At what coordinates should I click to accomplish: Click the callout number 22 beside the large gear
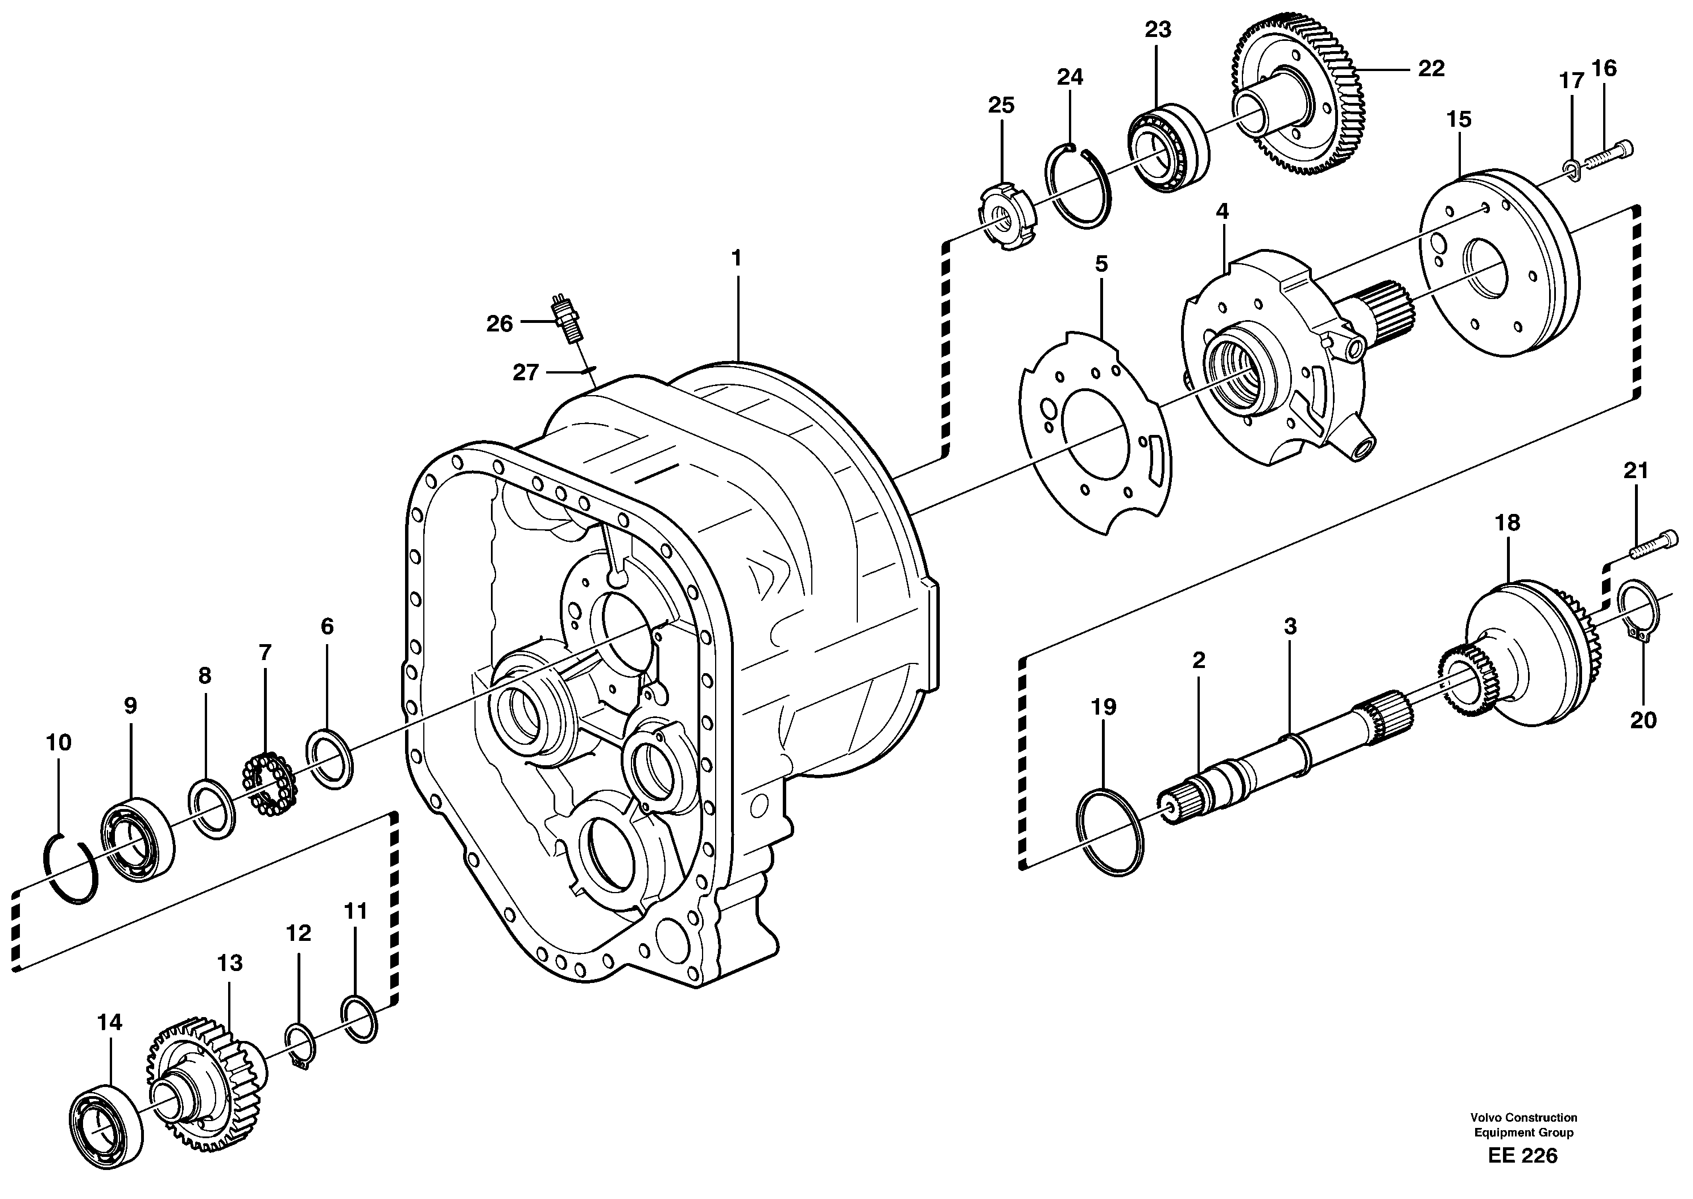[1431, 69]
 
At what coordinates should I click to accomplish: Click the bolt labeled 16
[1611, 155]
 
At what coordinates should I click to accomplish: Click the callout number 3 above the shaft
[1290, 627]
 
